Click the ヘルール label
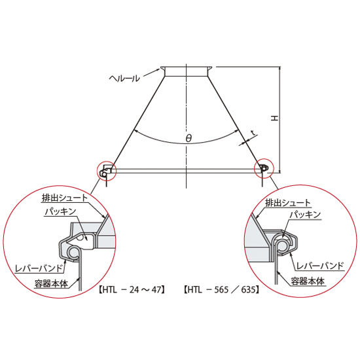pos(124,79)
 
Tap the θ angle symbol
pos(189,138)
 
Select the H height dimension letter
pos(275,118)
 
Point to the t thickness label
pos(253,133)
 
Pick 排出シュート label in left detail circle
pos(65,198)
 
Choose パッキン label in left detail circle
pos(60,211)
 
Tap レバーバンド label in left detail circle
pos(39,268)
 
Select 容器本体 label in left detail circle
pos(52,283)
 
